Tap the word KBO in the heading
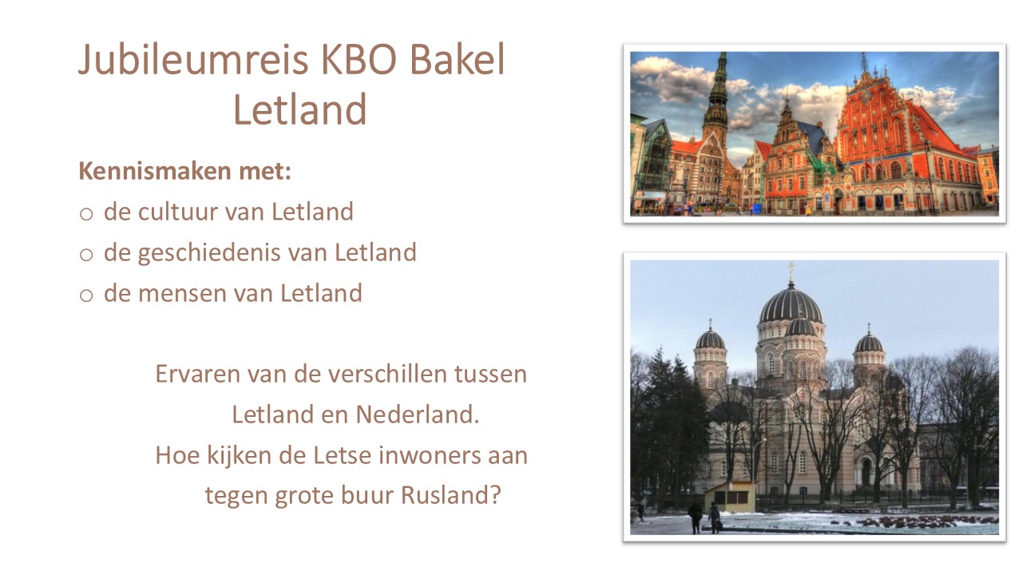[359, 59]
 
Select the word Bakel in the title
[458, 59]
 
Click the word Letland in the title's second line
[299, 109]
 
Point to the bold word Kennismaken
[155, 171]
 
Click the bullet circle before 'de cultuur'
[86, 213]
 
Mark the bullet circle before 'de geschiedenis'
[86, 254]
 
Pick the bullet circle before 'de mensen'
[86, 295]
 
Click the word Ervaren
[198, 375]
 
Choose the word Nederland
[417, 414]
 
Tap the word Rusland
[451, 495]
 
